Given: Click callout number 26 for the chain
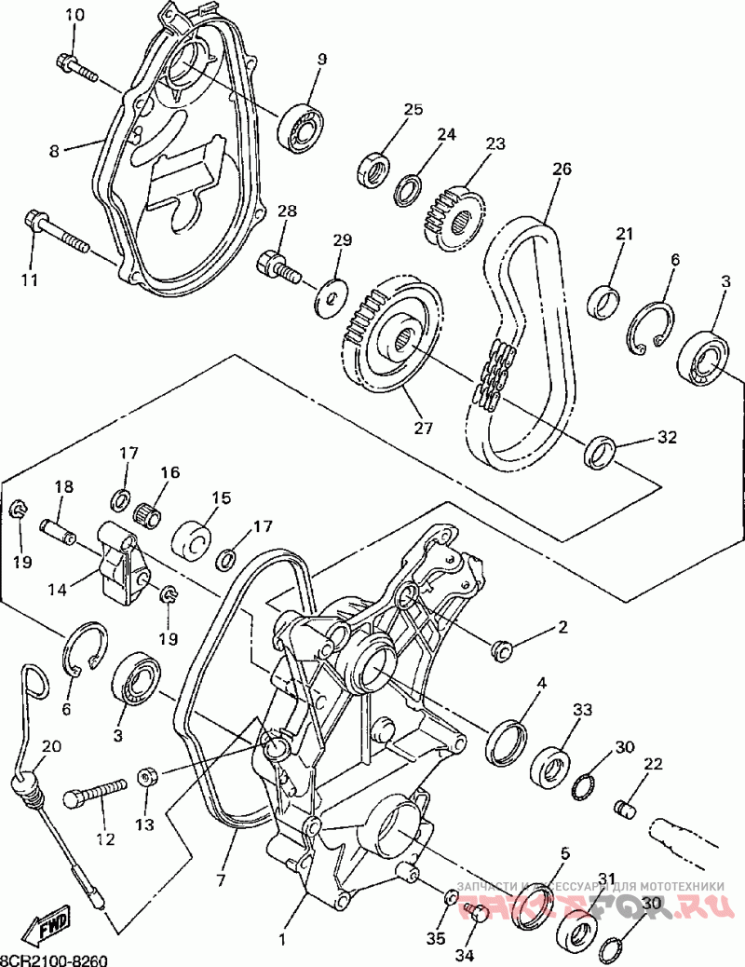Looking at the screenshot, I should pyautogui.click(x=562, y=169).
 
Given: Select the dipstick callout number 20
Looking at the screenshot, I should pyautogui.click(x=50, y=745).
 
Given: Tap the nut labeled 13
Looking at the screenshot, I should pyautogui.click(x=147, y=777).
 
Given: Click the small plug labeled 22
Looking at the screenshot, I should pyautogui.click(x=628, y=806).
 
